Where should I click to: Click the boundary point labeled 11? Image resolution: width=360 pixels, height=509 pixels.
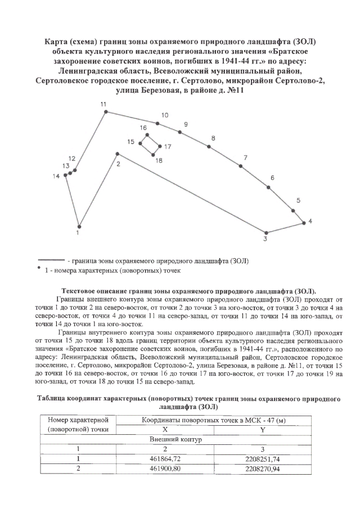tap(105, 112)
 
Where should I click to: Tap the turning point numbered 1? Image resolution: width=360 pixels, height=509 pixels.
tap(79, 225)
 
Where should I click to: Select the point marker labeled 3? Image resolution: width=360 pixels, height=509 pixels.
tap(267, 233)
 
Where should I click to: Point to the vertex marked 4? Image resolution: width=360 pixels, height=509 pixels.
tap(304, 222)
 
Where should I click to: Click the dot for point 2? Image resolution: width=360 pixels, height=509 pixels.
tap(117, 154)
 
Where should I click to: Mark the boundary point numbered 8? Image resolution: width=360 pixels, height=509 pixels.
tap(209, 146)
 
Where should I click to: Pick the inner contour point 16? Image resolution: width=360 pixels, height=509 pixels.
tap(147, 135)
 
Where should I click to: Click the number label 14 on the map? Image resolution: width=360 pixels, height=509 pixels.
tap(56, 177)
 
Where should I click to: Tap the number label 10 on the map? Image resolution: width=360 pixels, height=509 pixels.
tap(165, 115)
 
